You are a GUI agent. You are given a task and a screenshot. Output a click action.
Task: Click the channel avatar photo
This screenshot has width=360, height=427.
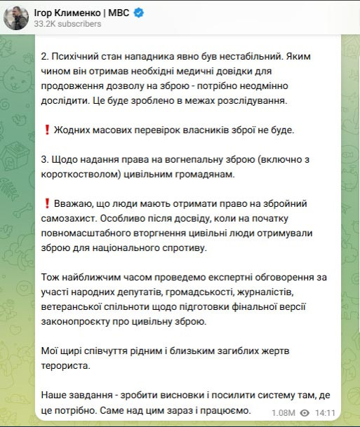coord(15,17)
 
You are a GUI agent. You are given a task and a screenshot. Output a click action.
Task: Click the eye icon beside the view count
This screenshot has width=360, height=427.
coord(305,413)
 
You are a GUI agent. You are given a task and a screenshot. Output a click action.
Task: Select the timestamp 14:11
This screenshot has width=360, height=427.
coord(326,413)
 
